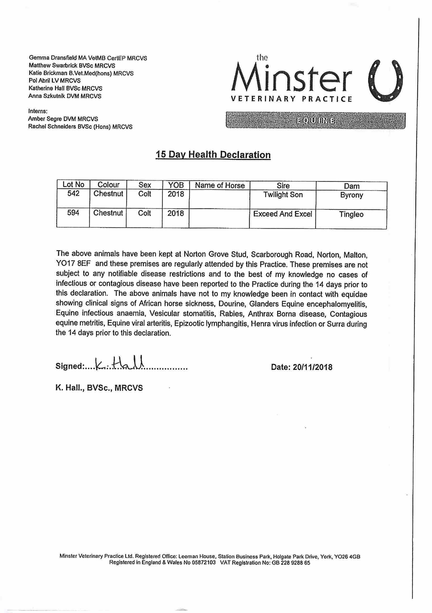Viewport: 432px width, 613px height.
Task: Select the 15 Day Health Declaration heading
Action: (213, 155)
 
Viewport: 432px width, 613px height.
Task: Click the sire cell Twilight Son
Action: (283, 195)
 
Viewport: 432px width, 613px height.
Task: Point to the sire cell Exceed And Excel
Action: (282, 214)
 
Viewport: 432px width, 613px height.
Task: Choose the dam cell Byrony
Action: (351, 195)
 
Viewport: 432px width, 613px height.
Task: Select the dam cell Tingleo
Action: (351, 214)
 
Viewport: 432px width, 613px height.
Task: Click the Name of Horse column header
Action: (220, 185)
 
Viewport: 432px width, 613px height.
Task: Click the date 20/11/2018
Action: (312, 367)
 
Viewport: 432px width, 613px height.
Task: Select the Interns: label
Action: (38, 111)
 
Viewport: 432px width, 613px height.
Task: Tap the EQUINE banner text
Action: (315, 121)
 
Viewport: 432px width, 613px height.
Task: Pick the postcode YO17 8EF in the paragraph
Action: (73, 265)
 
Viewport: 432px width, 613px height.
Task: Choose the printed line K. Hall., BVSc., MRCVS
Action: (99, 388)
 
